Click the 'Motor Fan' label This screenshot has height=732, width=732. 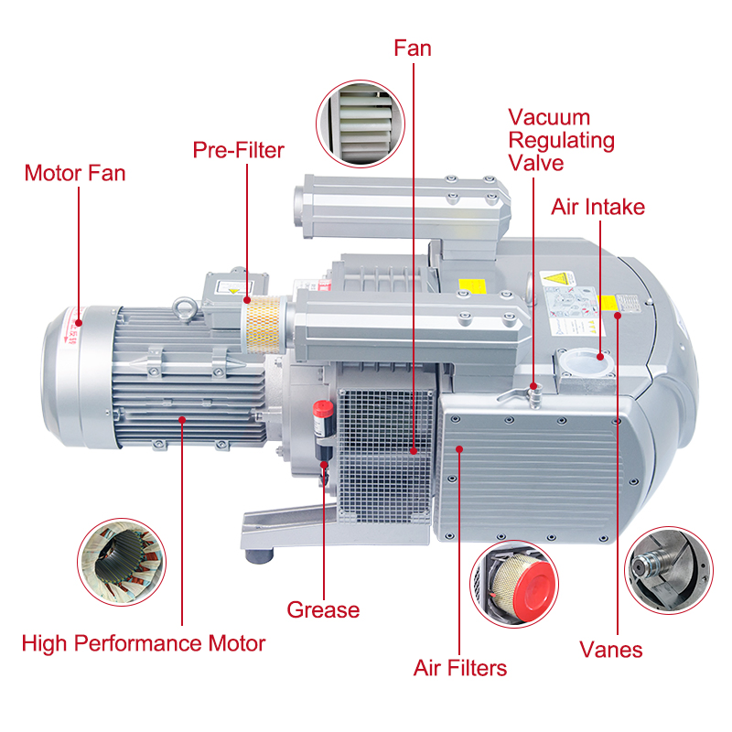(75, 173)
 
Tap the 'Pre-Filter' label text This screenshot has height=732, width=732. (238, 150)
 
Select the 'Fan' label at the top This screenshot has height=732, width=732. (413, 48)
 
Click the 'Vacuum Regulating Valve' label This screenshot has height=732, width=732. (561, 141)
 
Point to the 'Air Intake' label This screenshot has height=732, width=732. (597, 207)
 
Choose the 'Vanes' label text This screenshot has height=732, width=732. (610, 650)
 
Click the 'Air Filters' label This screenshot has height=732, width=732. (460, 668)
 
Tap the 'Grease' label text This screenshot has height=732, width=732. (323, 609)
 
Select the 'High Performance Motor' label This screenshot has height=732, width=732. (144, 643)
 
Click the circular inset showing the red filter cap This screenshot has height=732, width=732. (513, 582)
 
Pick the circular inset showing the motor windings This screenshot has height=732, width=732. (120, 564)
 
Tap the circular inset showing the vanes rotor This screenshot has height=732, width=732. (668, 569)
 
